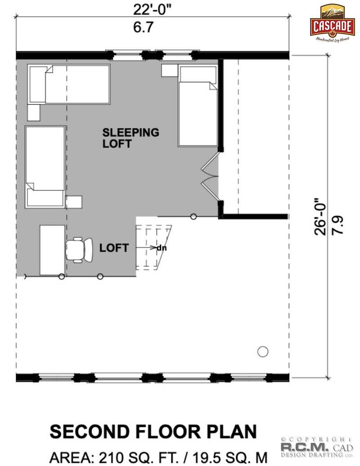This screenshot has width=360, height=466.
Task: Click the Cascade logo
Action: coord(333,23)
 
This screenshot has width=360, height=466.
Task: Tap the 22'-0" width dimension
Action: coord(152,9)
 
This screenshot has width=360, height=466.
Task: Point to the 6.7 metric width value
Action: coord(143,27)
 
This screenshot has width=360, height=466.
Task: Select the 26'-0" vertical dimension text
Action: coord(320,217)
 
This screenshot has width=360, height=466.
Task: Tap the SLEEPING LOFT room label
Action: coord(130,138)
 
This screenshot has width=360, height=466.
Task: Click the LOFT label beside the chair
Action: coord(114,248)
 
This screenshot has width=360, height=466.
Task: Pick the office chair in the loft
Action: coord(79,250)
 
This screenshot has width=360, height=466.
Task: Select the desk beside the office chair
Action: coord(53,250)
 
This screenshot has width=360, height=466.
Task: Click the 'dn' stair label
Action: coord(162,248)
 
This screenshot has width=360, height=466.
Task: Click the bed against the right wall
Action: coord(198,106)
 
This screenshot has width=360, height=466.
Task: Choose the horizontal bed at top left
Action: coord(69,84)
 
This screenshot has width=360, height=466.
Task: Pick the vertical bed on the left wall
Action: coord(45,167)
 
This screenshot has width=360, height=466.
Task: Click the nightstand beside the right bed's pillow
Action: coord(170,71)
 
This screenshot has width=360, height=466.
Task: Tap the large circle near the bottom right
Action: coord(262,352)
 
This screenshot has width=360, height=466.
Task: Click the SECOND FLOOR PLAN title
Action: coord(153,431)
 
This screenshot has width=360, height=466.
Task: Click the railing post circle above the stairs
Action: coord(193,217)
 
